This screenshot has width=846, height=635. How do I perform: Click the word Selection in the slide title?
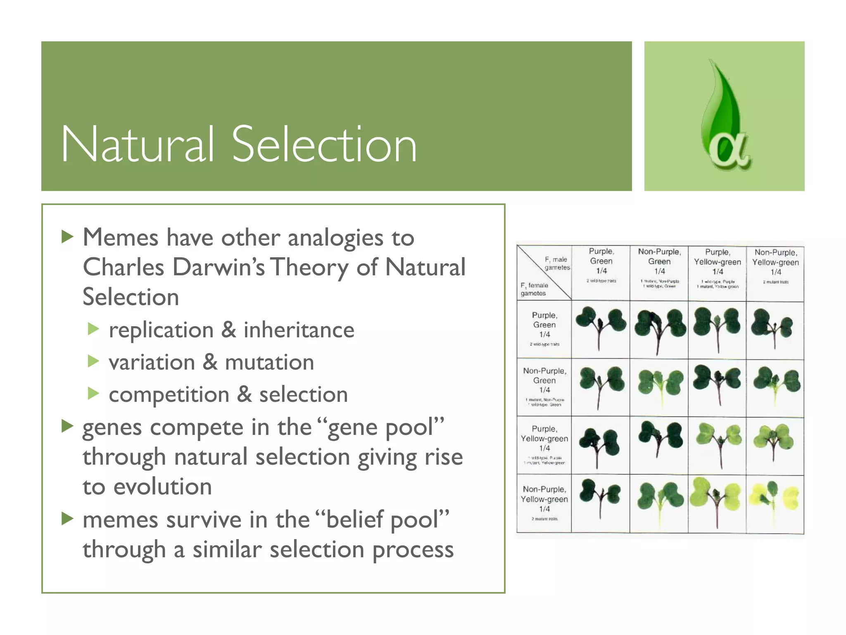click(324, 145)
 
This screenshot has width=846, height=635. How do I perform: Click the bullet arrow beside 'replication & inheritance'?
click(94, 329)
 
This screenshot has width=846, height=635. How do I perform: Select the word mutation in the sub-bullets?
click(269, 363)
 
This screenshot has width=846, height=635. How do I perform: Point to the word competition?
click(169, 395)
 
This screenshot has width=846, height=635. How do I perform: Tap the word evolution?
click(162, 487)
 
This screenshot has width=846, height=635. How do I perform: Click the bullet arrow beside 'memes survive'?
click(67, 518)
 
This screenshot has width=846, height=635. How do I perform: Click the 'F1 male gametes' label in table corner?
click(556, 263)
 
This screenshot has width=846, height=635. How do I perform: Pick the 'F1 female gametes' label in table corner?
click(534, 289)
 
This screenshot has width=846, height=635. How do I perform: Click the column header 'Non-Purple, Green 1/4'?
click(659, 261)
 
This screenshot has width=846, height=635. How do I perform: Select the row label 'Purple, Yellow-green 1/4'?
click(544, 439)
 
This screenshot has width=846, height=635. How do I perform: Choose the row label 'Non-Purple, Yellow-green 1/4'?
click(544, 499)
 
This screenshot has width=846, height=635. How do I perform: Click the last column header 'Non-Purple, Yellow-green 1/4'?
click(775, 262)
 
